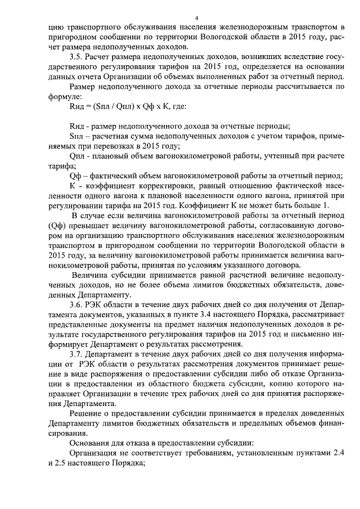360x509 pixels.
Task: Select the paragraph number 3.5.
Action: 76,57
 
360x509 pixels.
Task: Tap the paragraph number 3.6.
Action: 76,304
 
